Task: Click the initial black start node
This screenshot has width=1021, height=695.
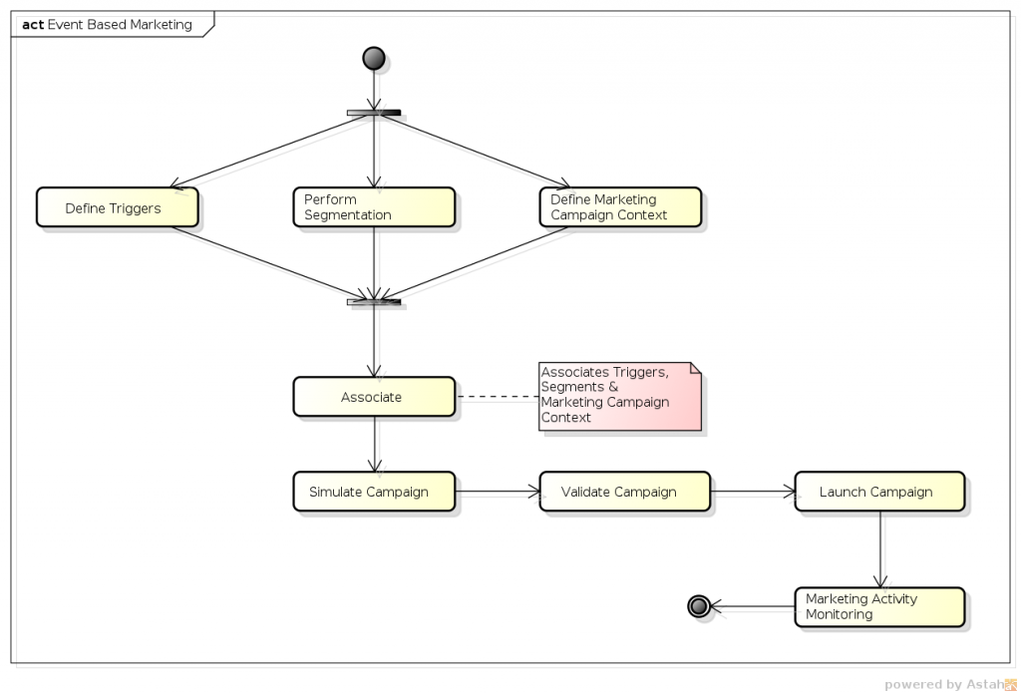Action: click(x=374, y=58)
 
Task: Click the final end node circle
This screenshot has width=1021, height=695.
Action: click(x=698, y=605)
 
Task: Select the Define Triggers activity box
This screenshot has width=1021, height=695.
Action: click(x=117, y=207)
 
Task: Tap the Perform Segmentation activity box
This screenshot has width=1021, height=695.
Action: click(x=374, y=207)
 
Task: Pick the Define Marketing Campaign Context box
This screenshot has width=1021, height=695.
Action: click(x=620, y=207)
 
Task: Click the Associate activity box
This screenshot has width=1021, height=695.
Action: click(x=374, y=397)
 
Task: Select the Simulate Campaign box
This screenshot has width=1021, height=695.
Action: click(x=374, y=492)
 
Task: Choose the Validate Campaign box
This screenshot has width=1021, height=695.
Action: click(x=624, y=492)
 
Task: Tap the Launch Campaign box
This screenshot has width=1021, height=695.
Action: click(x=878, y=492)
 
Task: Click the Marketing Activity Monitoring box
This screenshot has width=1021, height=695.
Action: click(x=878, y=606)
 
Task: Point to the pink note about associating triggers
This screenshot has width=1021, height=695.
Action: click(x=619, y=396)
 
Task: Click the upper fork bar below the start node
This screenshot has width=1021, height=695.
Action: click(x=374, y=113)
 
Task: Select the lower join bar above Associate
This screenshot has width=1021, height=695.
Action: click(x=374, y=301)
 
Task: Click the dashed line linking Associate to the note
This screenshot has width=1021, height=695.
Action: click(x=498, y=397)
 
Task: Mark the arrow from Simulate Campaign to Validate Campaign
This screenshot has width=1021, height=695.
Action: click(x=498, y=492)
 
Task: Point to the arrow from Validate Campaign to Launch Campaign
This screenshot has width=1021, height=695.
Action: click(x=752, y=492)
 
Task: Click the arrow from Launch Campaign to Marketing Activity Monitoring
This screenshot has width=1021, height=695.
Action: click(x=880, y=549)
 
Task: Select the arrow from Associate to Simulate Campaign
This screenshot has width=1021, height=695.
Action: click(x=375, y=444)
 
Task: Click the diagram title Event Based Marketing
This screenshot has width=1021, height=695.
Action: click(x=119, y=25)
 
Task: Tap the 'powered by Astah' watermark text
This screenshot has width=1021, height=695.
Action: click(x=942, y=684)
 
